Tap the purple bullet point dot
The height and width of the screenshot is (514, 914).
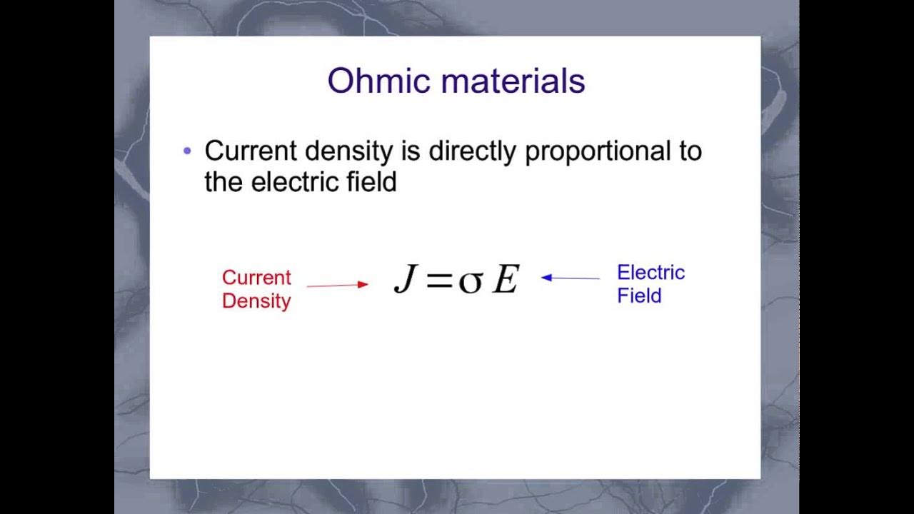click(x=188, y=151)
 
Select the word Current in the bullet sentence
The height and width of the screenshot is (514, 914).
click(x=251, y=151)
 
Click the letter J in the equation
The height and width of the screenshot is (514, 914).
click(x=405, y=279)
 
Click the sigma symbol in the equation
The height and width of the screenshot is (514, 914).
click(x=471, y=281)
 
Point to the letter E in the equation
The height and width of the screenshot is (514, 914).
click(x=506, y=279)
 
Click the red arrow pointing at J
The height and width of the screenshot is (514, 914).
click(x=337, y=285)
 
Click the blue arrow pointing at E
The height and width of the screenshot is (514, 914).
click(x=571, y=278)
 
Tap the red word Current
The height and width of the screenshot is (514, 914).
click(x=256, y=278)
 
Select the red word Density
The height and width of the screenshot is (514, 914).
click(x=256, y=301)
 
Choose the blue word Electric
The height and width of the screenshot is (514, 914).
click(x=651, y=273)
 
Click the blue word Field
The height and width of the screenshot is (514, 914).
click(x=639, y=296)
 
